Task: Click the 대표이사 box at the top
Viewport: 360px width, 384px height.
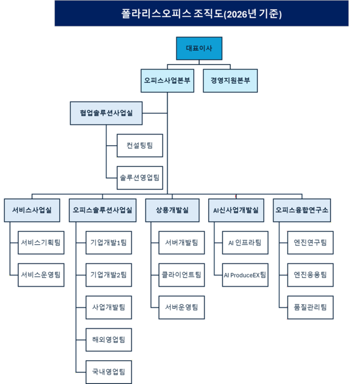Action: pyautogui.click(x=199, y=49)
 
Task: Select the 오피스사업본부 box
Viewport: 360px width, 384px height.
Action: pyautogui.click(x=167, y=81)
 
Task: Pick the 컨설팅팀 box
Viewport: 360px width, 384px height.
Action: pyautogui.click(x=140, y=145)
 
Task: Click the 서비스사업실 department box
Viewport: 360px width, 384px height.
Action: pyautogui.click(x=32, y=210)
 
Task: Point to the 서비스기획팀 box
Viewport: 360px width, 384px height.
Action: pyautogui.click(x=41, y=243)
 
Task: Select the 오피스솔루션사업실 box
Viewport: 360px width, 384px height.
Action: pyautogui.click(x=104, y=210)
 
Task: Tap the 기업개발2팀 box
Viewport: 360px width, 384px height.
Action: pyautogui.click(x=109, y=274)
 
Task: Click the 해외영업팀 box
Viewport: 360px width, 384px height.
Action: pyautogui.click(x=109, y=339)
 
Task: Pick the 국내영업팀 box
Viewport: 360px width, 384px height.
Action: pyautogui.click(x=109, y=371)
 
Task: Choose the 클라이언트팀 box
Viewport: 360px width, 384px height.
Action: pyautogui.click(x=182, y=274)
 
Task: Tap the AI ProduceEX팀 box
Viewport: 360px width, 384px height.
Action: pyautogui.click(x=245, y=274)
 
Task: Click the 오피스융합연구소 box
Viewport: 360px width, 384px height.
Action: pyautogui.click(x=302, y=210)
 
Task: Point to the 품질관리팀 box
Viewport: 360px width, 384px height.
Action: pyautogui.click(x=310, y=307)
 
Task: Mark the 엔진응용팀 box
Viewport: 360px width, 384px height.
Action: pyautogui.click(x=310, y=274)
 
